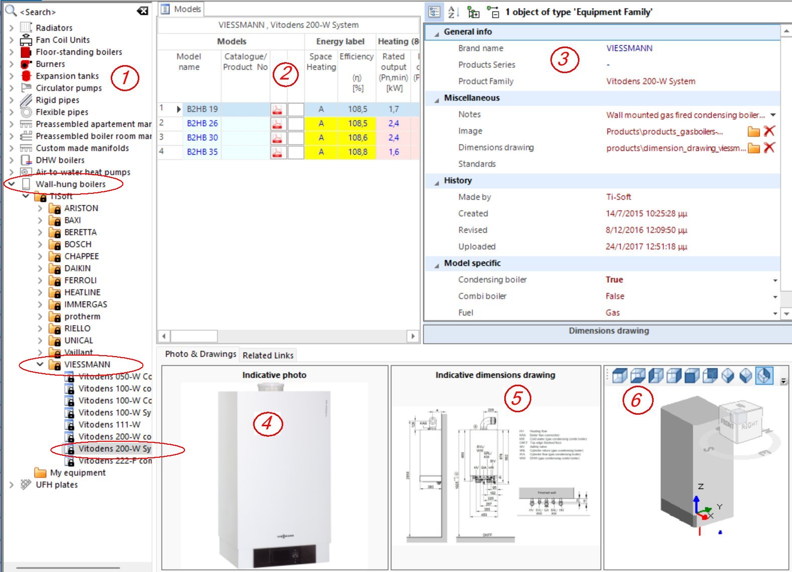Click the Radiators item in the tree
(x=54, y=28)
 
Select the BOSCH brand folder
(x=78, y=244)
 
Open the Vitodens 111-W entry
(x=109, y=425)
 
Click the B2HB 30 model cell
(x=202, y=138)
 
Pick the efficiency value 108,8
(x=357, y=152)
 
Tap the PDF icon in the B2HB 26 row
(x=277, y=124)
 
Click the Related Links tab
(x=268, y=355)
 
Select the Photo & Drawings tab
(x=201, y=354)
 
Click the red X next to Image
(x=769, y=131)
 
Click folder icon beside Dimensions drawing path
(x=753, y=148)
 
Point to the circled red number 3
(x=564, y=59)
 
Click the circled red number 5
(x=517, y=398)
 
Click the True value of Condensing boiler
(x=614, y=279)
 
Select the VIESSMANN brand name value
(x=629, y=48)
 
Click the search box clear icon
(x=142, y=11)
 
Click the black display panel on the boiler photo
(x=284, y=556)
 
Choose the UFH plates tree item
(x=57, y=485)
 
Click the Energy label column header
(x=340, y=42)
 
